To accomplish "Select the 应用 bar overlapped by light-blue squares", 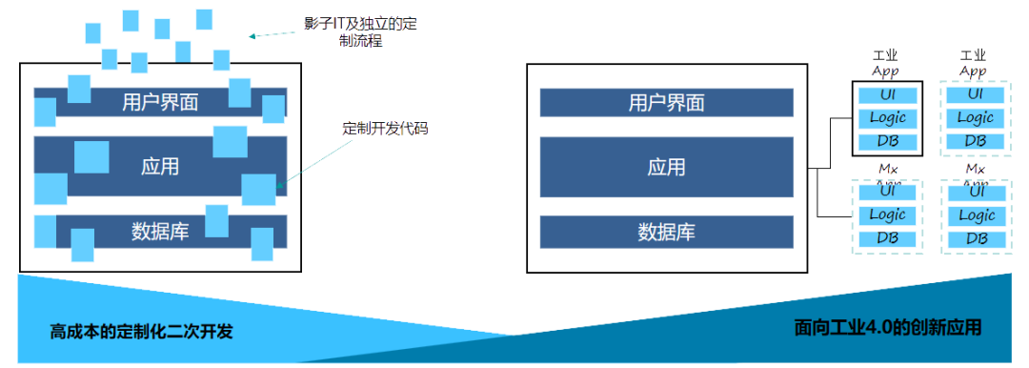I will (160, 167).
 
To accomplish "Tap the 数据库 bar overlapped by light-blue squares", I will (160, 232).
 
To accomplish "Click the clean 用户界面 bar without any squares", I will (666, 103).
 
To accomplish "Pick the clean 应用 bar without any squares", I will (666, 167).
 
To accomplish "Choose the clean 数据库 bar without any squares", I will (666, 232).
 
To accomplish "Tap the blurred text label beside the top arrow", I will (360, 31).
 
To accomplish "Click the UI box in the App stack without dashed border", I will (888, 95).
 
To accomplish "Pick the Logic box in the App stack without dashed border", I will (888, 118).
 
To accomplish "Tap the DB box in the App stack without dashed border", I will (888, 142).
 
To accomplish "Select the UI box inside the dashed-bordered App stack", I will (975, 94).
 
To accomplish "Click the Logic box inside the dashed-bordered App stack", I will (975, 118).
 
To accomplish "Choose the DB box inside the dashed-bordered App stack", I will (975, 142).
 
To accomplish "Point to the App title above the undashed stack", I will (886, 72).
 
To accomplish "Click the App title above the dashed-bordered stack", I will (973, 72).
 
